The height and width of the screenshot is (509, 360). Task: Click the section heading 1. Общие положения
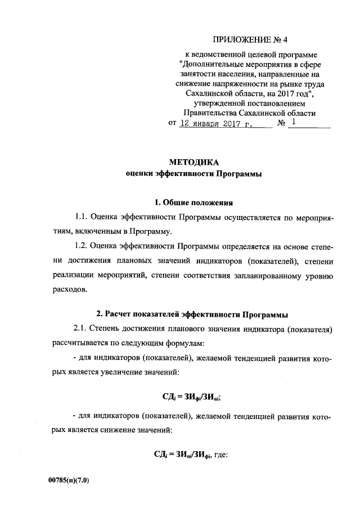coord(193,202)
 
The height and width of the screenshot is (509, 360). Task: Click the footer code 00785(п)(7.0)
coord(69,481)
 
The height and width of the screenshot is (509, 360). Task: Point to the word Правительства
coord(211,112)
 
